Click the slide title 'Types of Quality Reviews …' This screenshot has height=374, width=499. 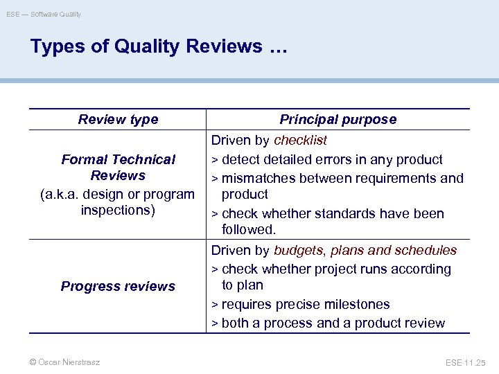coord(159,46)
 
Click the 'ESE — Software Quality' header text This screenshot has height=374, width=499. coord(44,14)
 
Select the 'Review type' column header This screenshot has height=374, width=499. coord(118,119)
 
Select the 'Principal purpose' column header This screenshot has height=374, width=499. coord(338,119)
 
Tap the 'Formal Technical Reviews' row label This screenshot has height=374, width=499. coord(118,167)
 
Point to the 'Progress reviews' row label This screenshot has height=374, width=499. coord(118,286)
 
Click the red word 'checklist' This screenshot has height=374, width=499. coord(300,141)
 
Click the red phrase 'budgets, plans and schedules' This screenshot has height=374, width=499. coord(365,250)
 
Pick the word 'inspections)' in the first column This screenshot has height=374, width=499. coord(118,210)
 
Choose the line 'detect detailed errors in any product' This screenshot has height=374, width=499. coord(332,159)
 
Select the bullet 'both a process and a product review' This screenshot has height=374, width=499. coord(333,323)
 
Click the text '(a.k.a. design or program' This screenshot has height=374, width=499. coord(118,194)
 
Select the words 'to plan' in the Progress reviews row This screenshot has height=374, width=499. coord(243,285)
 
